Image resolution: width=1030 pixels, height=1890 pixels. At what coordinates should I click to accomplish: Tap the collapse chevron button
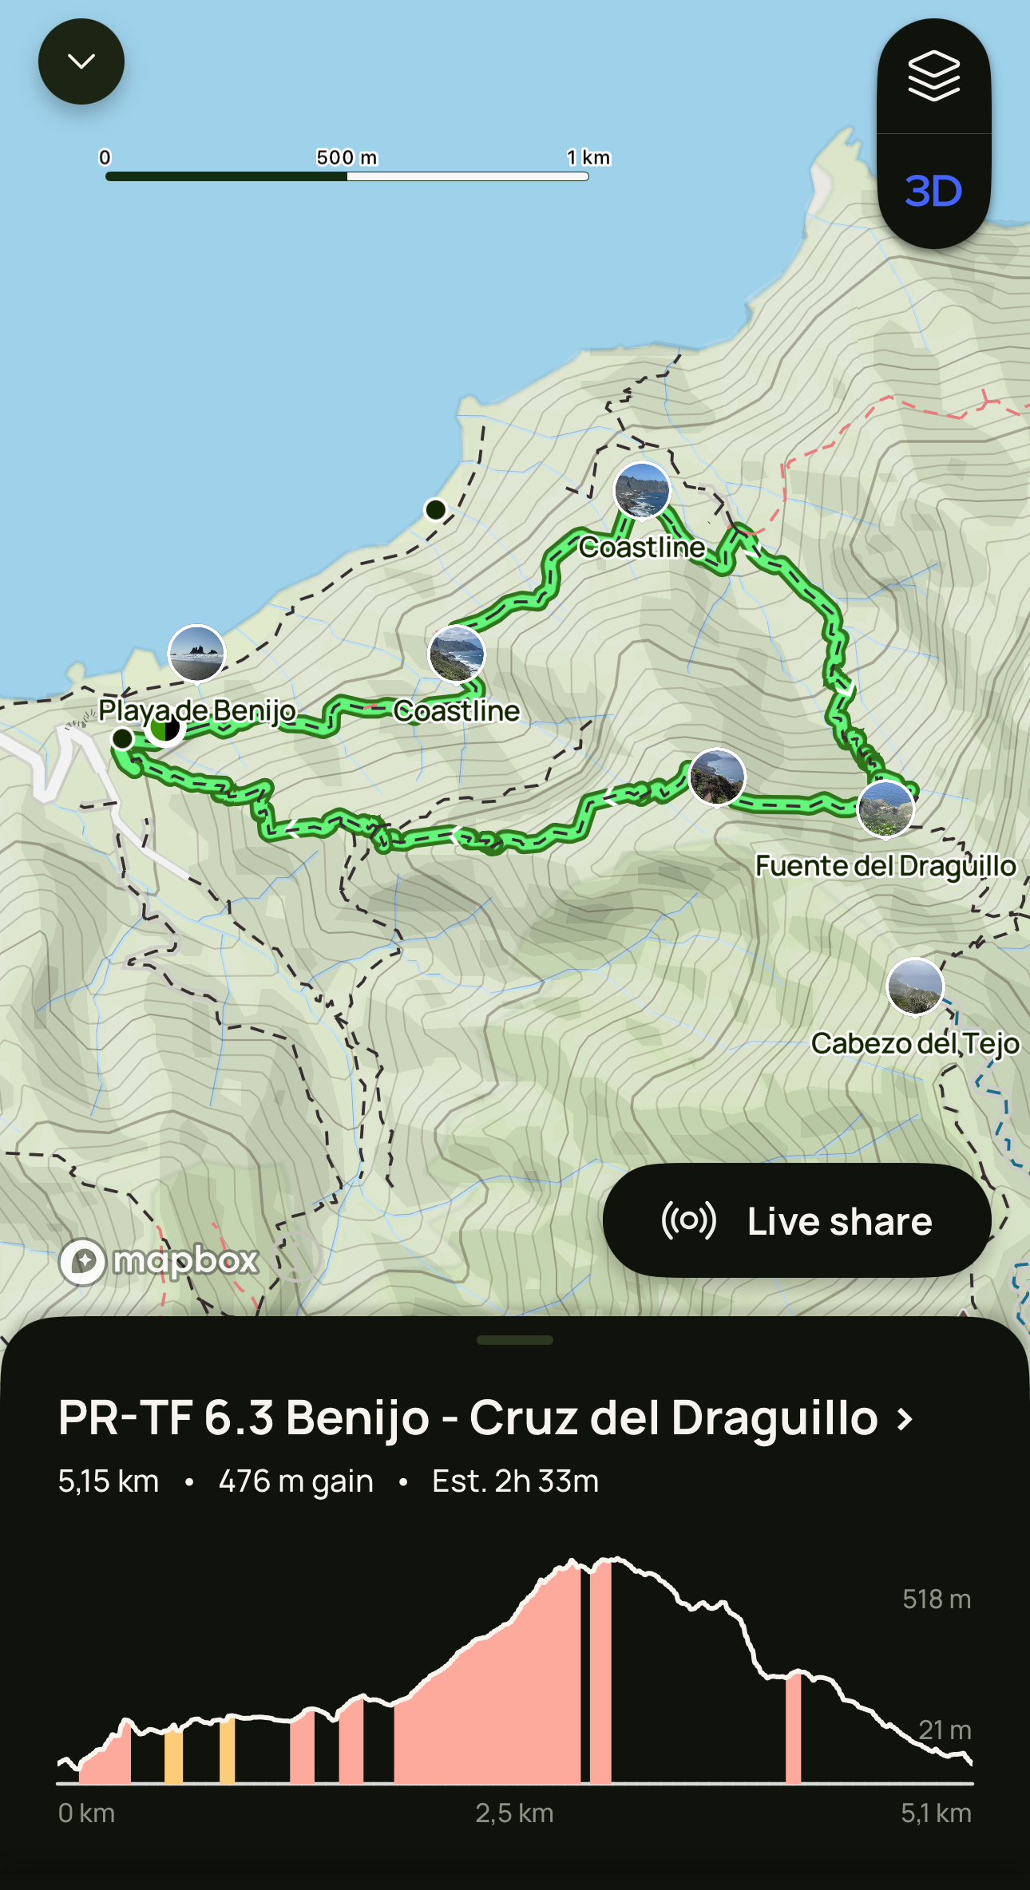tap(81, 61)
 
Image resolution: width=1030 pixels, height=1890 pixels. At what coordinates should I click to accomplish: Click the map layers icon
tap(933, 76)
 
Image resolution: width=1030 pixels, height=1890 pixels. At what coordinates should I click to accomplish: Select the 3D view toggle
tap(933, 192)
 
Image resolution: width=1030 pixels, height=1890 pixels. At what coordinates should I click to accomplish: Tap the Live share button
tap(797, 1220)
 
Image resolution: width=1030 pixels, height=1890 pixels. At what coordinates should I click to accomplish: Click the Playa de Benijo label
tap(196, 710)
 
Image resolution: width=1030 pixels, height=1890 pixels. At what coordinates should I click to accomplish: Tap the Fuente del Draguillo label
tap(885, 865)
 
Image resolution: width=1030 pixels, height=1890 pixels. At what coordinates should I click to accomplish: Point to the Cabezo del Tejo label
tap(915, 1043)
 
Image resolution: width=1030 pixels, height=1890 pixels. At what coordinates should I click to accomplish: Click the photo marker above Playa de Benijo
tap(196, 653)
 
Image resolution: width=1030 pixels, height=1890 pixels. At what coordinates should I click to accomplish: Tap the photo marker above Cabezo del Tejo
tap(915, 987)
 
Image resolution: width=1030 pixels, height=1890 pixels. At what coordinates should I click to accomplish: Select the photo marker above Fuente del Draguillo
tap(885, 809)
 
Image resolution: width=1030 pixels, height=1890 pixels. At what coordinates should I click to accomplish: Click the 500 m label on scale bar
tap(347, 157)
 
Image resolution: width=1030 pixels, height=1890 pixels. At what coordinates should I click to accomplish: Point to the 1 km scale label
tap(588, 157)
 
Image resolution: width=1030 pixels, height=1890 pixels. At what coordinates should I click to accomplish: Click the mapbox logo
tap(160, 1261)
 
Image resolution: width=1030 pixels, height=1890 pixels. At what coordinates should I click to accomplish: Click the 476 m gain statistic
tap(295, 1481)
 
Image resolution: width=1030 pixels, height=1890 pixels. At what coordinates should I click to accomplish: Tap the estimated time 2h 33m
tap(515, 1481)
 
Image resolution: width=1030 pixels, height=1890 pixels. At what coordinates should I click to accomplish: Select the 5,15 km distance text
tap(109, 1481)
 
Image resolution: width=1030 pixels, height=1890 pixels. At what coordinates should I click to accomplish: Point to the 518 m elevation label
tap(936, 1599)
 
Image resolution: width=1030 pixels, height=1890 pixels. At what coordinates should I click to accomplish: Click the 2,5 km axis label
tap(514, 1813)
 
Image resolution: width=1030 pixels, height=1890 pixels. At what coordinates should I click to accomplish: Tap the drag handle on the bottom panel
tap(514, 1340)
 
